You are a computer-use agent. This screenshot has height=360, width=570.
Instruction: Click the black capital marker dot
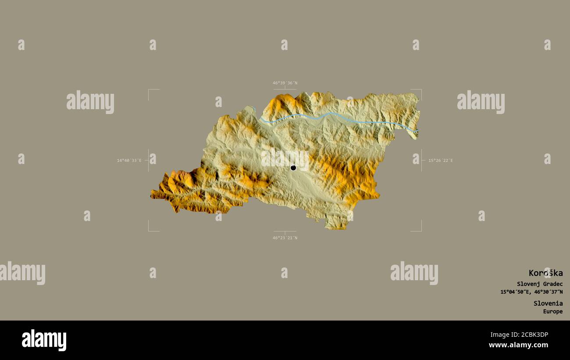[293, 168]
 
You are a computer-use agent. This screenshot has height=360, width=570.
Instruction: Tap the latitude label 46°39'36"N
[285, 83]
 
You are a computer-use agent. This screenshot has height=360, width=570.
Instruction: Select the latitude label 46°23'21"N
[285, 238]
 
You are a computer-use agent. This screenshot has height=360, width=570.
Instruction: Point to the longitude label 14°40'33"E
[129, 160]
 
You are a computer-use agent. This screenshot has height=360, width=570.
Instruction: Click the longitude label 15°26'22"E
[441, 160]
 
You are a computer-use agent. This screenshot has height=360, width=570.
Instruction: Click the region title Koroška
[545, 273]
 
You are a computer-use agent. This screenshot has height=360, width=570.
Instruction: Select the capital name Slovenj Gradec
[539, 284]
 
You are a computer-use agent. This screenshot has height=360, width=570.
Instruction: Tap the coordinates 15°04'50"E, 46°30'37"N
[531, 292]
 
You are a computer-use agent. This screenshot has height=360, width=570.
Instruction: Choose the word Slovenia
[548, 303]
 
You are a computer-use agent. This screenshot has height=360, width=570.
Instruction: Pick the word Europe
[553, 311]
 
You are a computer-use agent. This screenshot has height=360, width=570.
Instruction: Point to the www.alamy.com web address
[518, 345]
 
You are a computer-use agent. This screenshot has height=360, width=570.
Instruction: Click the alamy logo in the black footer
[44, 340]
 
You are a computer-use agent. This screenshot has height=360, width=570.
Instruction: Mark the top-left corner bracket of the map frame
[149, 90]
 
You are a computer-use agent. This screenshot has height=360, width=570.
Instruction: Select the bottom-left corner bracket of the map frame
[149, 231]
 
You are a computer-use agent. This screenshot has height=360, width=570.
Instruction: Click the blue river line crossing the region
[333, 114]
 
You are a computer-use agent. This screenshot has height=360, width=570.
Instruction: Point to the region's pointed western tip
[152, 194]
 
